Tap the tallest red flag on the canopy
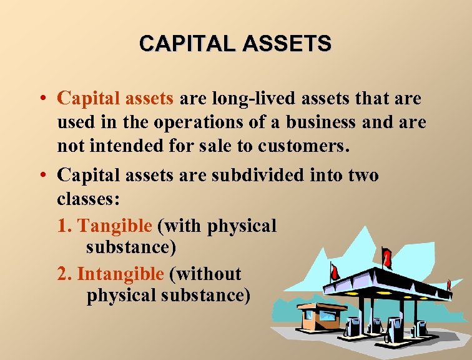(x=387, y=256)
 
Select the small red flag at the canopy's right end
(x=448, y=285)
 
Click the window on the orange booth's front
(x=308, y=315)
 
